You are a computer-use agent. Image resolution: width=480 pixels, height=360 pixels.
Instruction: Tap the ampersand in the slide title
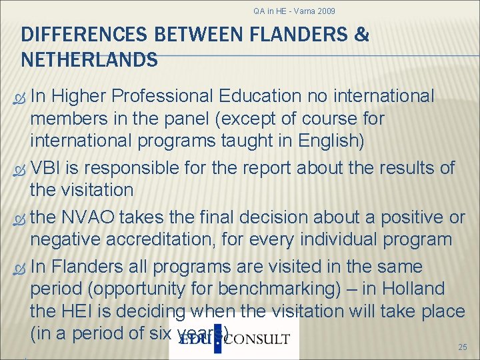(362, 35)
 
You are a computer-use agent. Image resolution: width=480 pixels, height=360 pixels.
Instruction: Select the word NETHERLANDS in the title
(89, 61)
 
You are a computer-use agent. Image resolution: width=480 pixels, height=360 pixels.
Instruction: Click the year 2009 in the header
(327, 11)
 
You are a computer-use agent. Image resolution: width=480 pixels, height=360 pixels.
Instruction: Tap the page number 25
(463, 347)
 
